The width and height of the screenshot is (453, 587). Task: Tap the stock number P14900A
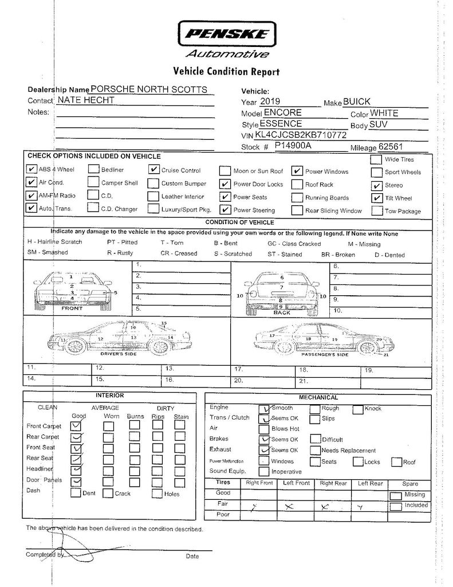(x=293, y=147)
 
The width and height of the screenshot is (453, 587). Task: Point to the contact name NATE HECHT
(x=86, y=100)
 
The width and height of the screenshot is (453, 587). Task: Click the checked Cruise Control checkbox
(x=153, y=170)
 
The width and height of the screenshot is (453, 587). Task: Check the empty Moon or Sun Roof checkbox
(x=224, y=171)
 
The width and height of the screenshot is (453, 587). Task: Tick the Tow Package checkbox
(x=376, y=211)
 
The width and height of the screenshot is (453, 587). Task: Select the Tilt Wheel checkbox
(x=376, y=198)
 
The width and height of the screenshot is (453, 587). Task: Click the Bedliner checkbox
(x=93, y=170)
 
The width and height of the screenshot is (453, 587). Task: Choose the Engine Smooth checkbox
(x=264, y=409)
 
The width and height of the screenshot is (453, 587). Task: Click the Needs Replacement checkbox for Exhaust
(x=315, y=451)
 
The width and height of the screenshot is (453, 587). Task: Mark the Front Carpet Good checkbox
(x=76, y=426)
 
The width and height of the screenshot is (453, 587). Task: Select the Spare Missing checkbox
(x=395, y=496)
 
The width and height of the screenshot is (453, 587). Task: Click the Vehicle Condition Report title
(x=226, y=72)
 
